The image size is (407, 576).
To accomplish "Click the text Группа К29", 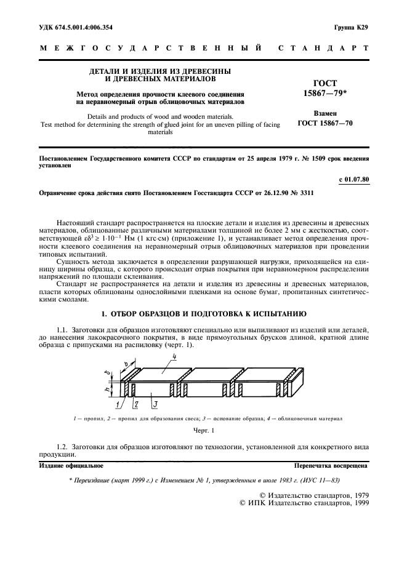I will [x=351, y=27].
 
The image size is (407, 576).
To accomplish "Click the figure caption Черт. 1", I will [x=203, y=431].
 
